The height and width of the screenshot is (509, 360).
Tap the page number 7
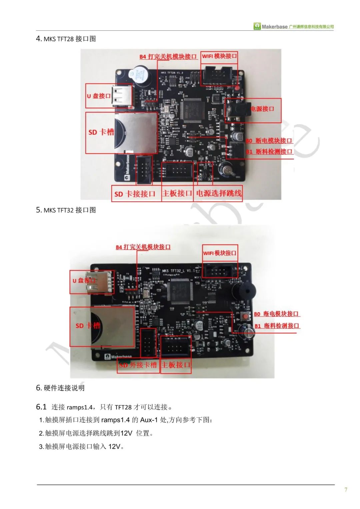(346, 490)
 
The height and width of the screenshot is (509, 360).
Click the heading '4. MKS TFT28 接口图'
(66, 39)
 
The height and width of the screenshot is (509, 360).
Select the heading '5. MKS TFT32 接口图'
(66, 210)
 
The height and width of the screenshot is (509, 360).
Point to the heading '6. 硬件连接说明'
(60, 388)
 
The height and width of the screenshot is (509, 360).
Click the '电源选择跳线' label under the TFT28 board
(219, 193)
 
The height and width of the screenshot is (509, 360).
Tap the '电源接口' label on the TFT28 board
(262, 109)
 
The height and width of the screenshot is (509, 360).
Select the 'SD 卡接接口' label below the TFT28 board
(135, 194)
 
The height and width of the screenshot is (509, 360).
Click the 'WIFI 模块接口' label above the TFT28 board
(219, 56)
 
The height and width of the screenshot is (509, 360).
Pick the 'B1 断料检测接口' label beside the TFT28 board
(269, 152)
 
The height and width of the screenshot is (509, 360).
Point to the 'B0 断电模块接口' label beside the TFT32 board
(276, 314)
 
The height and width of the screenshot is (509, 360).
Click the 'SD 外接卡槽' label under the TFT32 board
(138, 365)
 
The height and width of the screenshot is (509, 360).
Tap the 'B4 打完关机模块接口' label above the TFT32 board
(143, 247)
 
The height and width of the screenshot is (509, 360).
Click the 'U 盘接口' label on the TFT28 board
(99, 96)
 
